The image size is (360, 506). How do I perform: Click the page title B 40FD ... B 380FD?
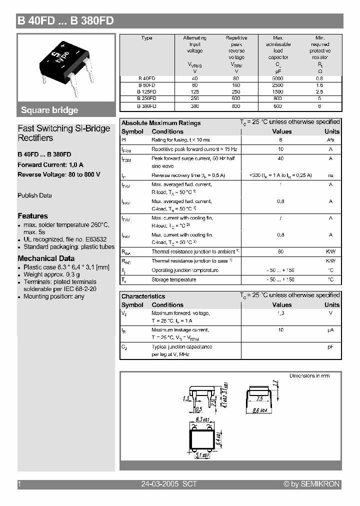[x=65, y=20]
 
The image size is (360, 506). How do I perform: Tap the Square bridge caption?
[x=49, y=110]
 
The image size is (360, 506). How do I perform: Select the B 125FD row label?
[x=147, y=92]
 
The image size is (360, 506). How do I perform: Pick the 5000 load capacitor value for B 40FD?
[x=278, y=78]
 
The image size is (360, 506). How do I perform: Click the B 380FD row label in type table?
[x=147, y=106]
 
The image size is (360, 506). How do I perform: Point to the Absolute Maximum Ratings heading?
[x=161, y=123]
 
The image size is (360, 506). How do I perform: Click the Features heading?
[x=32, y=216]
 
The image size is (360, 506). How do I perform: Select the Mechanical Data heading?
[x=46, y=258]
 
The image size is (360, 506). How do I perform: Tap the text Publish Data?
[x=34, y=195]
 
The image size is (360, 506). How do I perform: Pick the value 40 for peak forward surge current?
[x=280, y=158]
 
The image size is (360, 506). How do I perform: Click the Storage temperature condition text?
[x=173, y=280]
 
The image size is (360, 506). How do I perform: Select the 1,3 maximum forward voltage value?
[x=280, y=313]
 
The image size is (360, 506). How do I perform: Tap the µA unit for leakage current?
[x=330, y=330]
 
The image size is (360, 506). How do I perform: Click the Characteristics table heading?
[x=143, y=296]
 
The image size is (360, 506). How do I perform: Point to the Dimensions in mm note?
[x=309, y=375]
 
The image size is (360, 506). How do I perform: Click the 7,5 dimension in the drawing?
[x=259, y=399]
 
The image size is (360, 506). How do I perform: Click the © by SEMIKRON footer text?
[x=311, y=484]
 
